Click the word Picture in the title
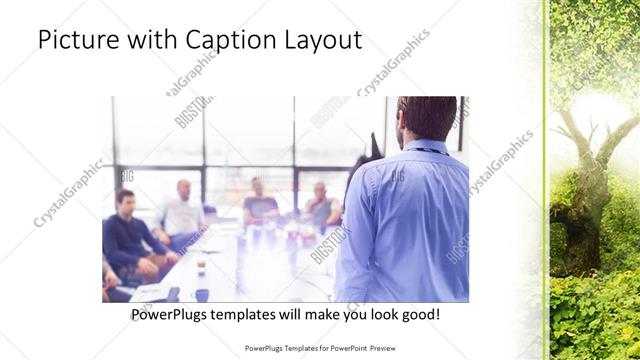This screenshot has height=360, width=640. click(x=72, y=40)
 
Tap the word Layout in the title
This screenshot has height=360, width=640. click(x=320, y=42)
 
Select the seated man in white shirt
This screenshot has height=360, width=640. click(x=181, y=212)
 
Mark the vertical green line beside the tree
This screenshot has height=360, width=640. click(x=544, y=180)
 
